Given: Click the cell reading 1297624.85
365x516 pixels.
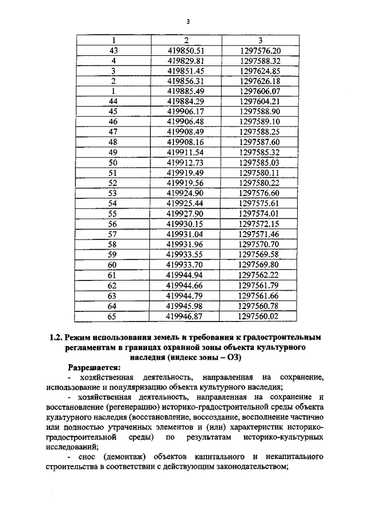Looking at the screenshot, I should (260, 71).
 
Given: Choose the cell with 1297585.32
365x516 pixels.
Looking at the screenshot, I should (260, 153).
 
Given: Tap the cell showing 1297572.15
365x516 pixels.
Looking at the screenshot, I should (260, 224).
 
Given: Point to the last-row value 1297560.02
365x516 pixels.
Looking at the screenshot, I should (260, 315).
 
